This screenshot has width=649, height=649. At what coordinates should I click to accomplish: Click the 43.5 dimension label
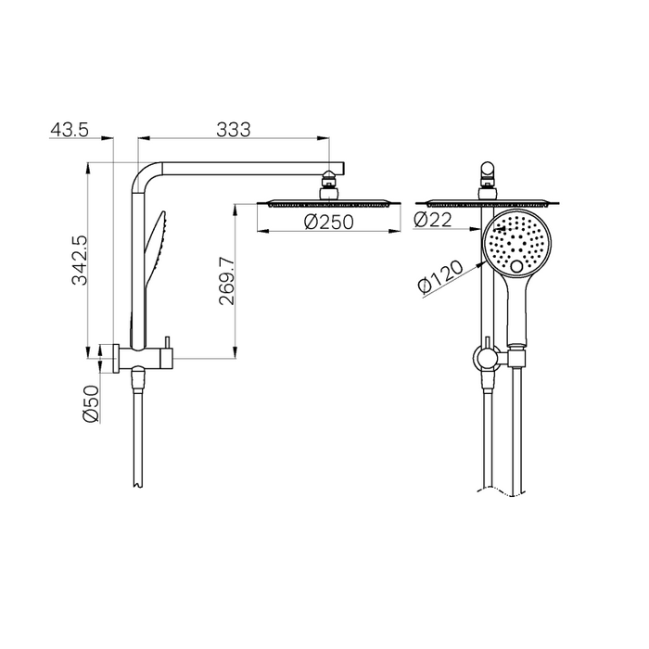[69, 130]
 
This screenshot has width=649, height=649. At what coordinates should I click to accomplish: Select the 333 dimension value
[234, 130]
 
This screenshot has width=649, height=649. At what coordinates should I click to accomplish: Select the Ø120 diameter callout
[439, 275]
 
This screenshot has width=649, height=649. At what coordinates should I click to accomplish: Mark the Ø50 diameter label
[91, 405]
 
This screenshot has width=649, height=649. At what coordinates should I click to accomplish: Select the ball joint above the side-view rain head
[329, 183]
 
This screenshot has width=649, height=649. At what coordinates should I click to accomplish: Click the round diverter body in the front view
[484, 356]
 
